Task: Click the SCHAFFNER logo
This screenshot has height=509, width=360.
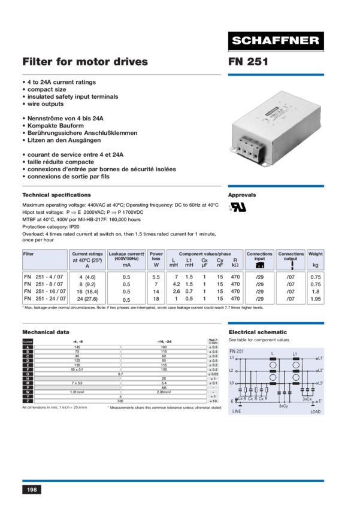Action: click(276, 41)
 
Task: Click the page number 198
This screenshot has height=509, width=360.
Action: click(32, 490)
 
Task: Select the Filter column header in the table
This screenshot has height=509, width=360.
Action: click(28, 254)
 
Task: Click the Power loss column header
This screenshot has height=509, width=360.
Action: click(156, 259)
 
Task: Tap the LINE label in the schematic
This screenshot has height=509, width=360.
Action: click(238, 411)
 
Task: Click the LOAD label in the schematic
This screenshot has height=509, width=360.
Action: click(315, 411)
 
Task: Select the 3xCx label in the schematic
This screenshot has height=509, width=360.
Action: click(307, 398)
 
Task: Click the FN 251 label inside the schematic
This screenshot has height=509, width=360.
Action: click(237, 350)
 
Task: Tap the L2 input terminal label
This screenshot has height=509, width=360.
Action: click(232, 371)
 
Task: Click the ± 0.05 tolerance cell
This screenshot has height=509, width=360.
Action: click(213, 374)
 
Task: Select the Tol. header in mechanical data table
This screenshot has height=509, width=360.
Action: click(213, 341)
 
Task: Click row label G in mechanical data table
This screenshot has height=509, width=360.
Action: click(28, 374)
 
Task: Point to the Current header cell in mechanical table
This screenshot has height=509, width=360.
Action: click(28, 341)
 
